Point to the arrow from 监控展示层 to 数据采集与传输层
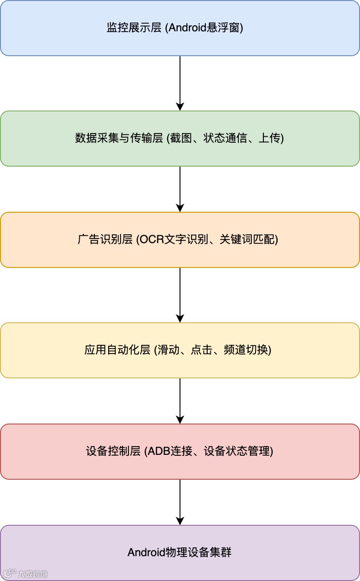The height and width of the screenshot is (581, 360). click(180, 83)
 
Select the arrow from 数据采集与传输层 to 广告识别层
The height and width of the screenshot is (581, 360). click(180, 189)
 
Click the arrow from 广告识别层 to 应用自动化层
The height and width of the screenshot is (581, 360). click(180, 295)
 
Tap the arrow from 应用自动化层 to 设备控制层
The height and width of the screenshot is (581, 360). click(180, 401)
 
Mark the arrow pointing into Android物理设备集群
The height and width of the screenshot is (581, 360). click(180, 502)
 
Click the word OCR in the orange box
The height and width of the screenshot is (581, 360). click(148, 240)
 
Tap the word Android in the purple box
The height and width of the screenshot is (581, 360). click(144, 552)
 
